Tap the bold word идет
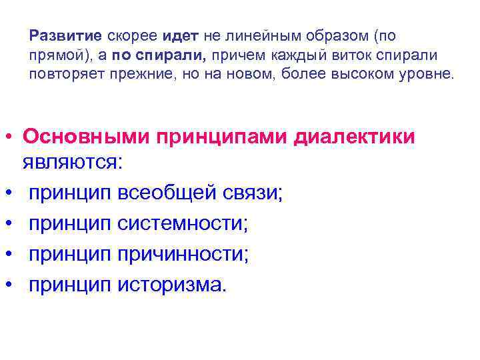click(175, 35)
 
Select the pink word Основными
click(85, 137)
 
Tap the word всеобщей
click(166, 193)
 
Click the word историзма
click(172, 285)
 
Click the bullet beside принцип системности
click(10, 225)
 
